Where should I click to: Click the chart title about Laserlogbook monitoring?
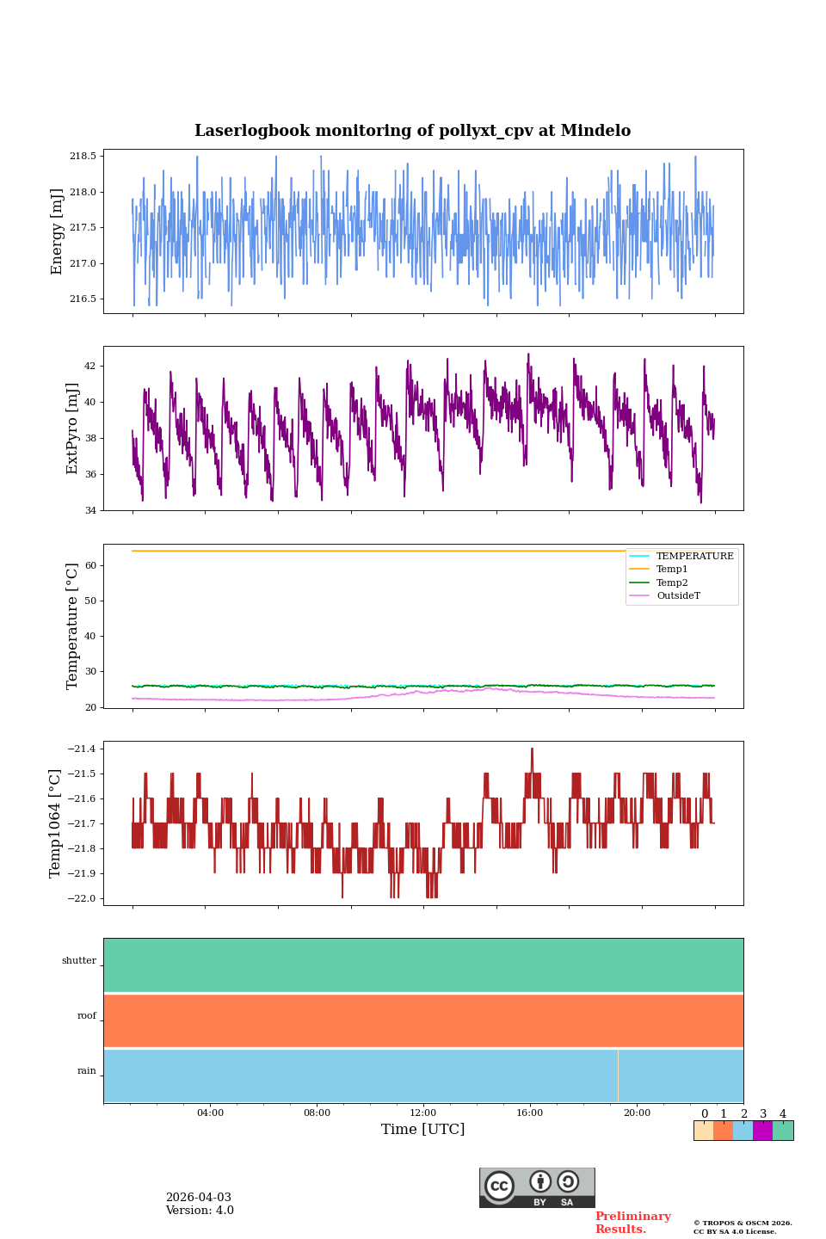(412, 131)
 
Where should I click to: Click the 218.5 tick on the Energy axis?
(83, 156)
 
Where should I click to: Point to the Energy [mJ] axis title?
(58, 231)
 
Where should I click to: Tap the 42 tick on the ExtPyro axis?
(89, 366)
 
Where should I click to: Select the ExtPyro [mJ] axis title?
(72, 428)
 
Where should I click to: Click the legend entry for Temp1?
(672, 570)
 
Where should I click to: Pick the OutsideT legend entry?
(678, 596)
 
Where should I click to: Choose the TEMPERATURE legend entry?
(694, 557)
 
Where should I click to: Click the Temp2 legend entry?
(672, 583)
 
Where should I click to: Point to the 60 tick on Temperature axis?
(89, 566)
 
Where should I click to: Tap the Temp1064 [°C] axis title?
(56, 823)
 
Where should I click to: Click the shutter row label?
(79, 961)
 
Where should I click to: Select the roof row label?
(87, 1016)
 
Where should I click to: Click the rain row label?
(87, 1071)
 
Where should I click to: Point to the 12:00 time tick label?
(423, 1113)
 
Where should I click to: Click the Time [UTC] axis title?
(423, 1130)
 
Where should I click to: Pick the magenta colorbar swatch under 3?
(762, 1131)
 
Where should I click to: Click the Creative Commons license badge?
(537, 1187)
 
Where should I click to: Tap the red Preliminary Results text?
(632, 1223)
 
